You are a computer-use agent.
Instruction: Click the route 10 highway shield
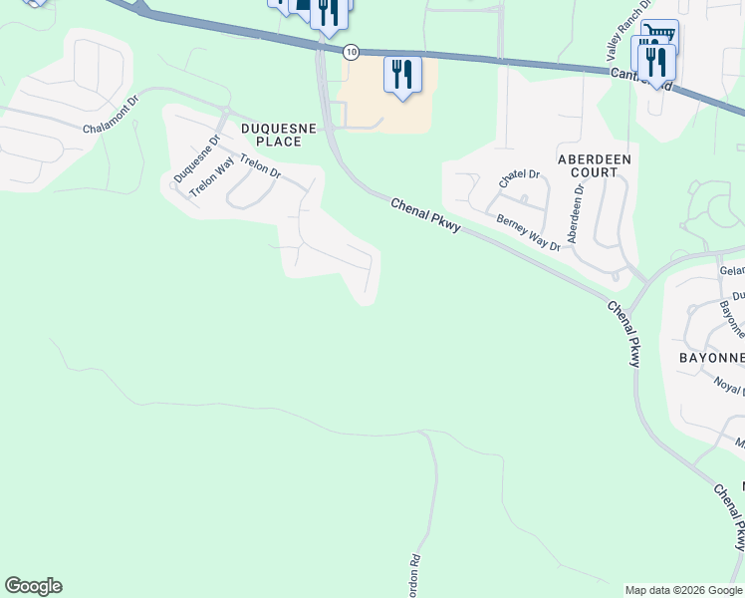pyautogui.click(x=351, y=51)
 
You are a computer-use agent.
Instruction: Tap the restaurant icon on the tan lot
pyautogui.click(x=402, y=73)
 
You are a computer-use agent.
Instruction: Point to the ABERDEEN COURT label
pyautogui.click(x=595, y=165)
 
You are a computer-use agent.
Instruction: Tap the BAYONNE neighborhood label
pyautogui.click(x=711, y=357)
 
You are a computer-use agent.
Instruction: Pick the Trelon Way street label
pyautogui.click(x=211, y=175)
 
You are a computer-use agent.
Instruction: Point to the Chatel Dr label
pyautogui.click(x=519, y=179)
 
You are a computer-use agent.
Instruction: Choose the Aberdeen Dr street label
pyautogui.click(x=575, y=213)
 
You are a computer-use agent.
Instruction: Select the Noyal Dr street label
pyautogui.click(x=729, y=385)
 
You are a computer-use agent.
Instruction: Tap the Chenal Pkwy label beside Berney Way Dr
pyautogui.click(x=425, y=215)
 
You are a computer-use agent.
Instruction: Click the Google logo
pyautogui.click(x=33, y=586)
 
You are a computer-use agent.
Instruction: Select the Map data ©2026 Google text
pyautogui.click(x=682, y=590)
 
